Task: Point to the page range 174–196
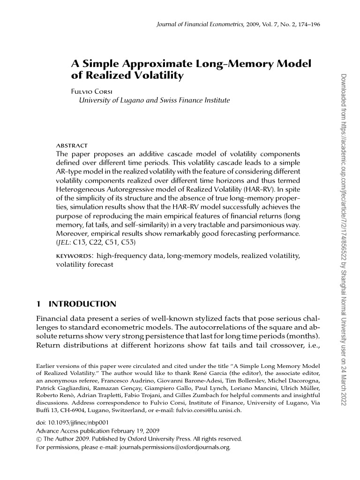click(x=309, y=24)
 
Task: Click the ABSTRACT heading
click(x=72, y=146)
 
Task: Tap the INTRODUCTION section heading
click(x=82, y=304)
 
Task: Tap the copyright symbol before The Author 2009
click(x=39, y=440)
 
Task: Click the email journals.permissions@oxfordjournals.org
click(x=175, y=448)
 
